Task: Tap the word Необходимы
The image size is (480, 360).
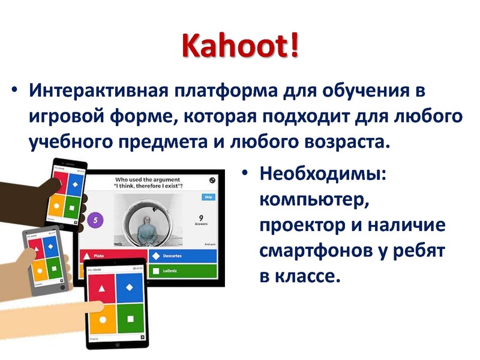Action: pos(322,175)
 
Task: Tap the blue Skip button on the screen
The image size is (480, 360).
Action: pos(208,197)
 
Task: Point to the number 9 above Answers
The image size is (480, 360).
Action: pos(202,218)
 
